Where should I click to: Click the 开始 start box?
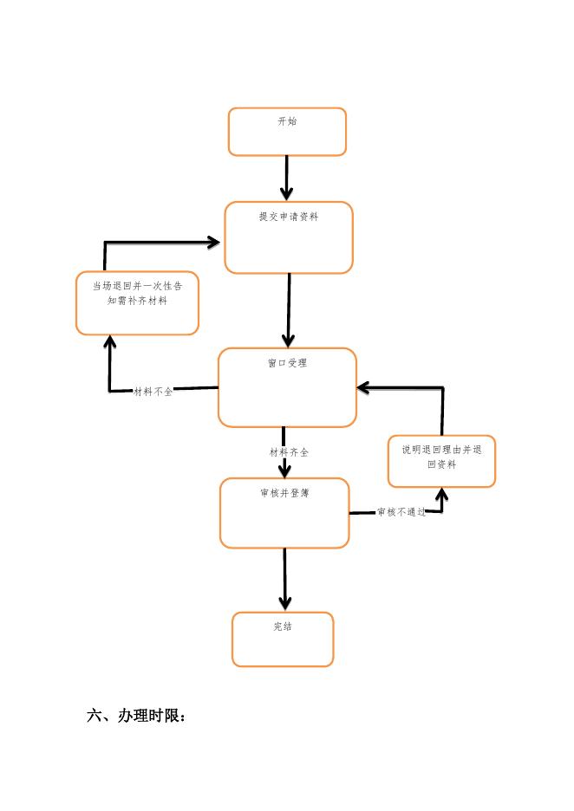(287, 132)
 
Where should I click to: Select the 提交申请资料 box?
(289, 237)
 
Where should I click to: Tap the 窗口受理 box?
(287, 387)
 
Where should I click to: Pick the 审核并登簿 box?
(284, 513)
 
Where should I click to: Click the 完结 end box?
(283, 639)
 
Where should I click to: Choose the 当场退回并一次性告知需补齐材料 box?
(137, 303)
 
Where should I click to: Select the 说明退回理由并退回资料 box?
(441, 461)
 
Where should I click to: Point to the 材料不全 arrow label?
(153, 392)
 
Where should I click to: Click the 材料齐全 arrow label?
(289, 452)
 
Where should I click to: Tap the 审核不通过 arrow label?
(401, 513)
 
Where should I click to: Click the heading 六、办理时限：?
(137, 717)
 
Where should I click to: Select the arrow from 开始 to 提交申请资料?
(287, 178)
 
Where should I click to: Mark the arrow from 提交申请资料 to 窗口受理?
(289, 310)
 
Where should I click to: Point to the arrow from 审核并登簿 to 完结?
(284, 579)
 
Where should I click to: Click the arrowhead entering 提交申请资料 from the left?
(212, 243)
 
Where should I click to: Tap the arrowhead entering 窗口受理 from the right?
(365, 387)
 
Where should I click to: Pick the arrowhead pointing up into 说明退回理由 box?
(441, 495)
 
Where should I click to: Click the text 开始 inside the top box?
(287, 121)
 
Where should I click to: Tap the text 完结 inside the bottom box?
(283, 626)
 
